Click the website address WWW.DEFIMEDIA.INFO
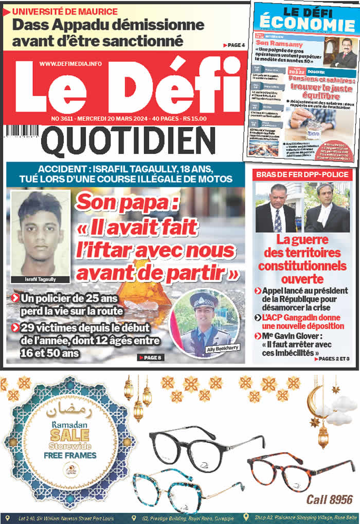tap(70, 63)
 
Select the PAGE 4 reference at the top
tap(234, 45)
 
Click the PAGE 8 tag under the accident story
tap(150, 357)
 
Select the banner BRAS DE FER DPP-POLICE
tap(303, 175)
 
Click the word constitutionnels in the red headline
tap(302, 266)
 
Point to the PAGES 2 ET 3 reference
tap(331, 358)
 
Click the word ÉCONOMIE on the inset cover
tap(307, 24)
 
